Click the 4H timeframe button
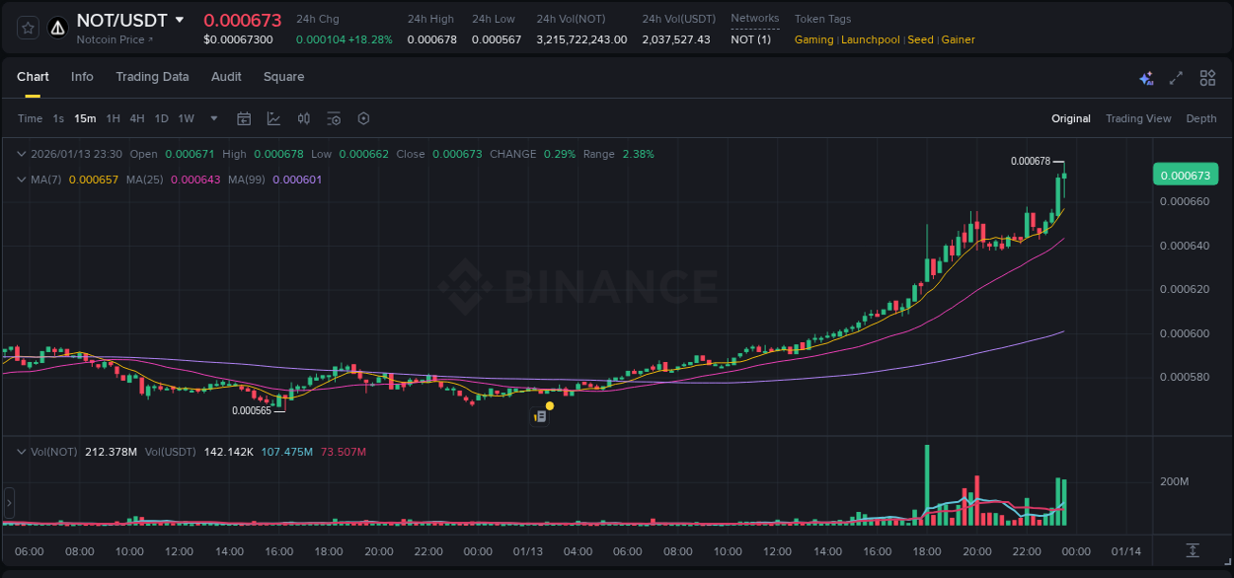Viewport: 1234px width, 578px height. pyautogui.click(x=137, y=118)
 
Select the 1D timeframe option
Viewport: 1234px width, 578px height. pyautogui.click(x=161, y=118)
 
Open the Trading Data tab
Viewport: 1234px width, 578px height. pyautogui.click(x=152, y=77)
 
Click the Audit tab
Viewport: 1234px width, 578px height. pyautogui.click(x=226, y=77)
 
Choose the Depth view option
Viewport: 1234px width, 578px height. pyautogui.click(x=1200, y=118)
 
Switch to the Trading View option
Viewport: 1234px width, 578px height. pyautogui.click(x=1137, y=118)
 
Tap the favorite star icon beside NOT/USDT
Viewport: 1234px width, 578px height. pyautogui.click(x=28, y=29)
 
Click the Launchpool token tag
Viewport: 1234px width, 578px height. pyautogui.click(x=870, y=39)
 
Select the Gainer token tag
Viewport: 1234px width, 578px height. pyautogui.click(x=958, y=39)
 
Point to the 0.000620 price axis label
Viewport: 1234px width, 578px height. pyautogui.click(x=1184, y=290)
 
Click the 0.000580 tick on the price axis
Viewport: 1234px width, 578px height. pyautogui.click(x=1184, y=378)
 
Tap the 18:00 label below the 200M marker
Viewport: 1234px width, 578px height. pyautogui.click(x=928, y=551)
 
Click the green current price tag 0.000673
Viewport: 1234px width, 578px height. pyautogui.click(x=1185, y=176)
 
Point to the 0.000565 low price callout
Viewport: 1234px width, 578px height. pyautogui.click(x=251, y=410)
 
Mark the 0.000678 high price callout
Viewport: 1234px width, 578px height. pyautogui.click(x=1030, y=161)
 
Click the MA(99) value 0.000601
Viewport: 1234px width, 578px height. pyautogui.click(x=296, y=180)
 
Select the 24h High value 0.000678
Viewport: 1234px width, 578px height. pyautogui.click(x=431, y=39)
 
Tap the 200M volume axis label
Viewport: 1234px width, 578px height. pyautogui.click(x=1173, y=481)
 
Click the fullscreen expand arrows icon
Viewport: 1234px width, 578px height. pyautogui.click(x=1176, y=78)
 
